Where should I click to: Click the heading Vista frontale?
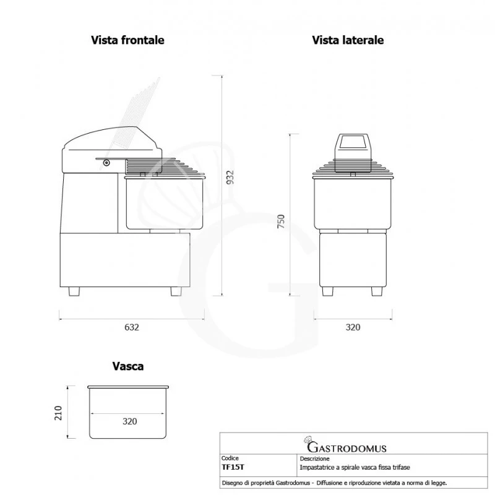click(x=127, y=40)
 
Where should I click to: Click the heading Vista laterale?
click(x=348, y=40)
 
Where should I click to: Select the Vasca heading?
click(x=128, y=366)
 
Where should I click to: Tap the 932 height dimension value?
click(x=230, y=177)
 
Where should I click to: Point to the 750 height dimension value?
click(x=281, y=222)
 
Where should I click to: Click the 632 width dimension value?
click(x=131, y=327)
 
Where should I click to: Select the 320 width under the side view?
click(x=352, y=327)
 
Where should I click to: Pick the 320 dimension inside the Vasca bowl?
click(x=129, y=421)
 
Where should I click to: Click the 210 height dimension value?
click(x=58, y=412)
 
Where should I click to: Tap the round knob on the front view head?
click(x=106, y=163)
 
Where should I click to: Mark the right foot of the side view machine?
click(x=376, y=291)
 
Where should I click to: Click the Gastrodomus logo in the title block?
click(x=346, y=447)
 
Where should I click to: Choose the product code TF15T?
click(x=233, y=468)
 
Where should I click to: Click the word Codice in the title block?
click(x=230, y=460)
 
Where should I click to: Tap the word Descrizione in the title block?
click(x=315, y=460)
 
